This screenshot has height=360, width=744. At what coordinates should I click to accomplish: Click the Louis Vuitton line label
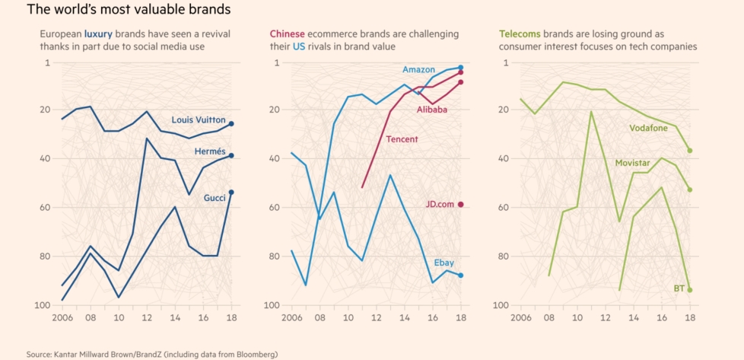(199, 119)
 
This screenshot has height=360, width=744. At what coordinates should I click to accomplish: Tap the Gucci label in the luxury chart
(214, 199)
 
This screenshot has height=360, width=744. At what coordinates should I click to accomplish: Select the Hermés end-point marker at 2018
(232, 155)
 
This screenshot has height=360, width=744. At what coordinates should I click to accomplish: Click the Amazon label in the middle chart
(418, 70)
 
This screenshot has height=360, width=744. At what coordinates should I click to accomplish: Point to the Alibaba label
(431, 110)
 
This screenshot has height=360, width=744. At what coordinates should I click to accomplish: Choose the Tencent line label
(402, 139)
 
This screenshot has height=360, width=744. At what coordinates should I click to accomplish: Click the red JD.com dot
(461, 204)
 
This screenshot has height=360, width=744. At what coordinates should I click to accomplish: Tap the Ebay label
(444, 263)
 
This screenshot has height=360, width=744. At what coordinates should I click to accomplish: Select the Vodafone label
(649, 128)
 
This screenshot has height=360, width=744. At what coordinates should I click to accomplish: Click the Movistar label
(632, 164)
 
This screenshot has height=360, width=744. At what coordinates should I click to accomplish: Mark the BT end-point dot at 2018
(690, 290)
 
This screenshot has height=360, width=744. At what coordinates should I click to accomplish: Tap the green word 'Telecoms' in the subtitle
(521, 34)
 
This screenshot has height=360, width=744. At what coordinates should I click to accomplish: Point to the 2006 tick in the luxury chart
(63, 316)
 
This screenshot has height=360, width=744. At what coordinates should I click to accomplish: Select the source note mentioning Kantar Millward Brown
(152, 355)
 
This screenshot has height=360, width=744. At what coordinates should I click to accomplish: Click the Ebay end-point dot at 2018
(461, 276)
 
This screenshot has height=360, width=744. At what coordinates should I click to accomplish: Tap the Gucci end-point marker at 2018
(232, 193)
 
